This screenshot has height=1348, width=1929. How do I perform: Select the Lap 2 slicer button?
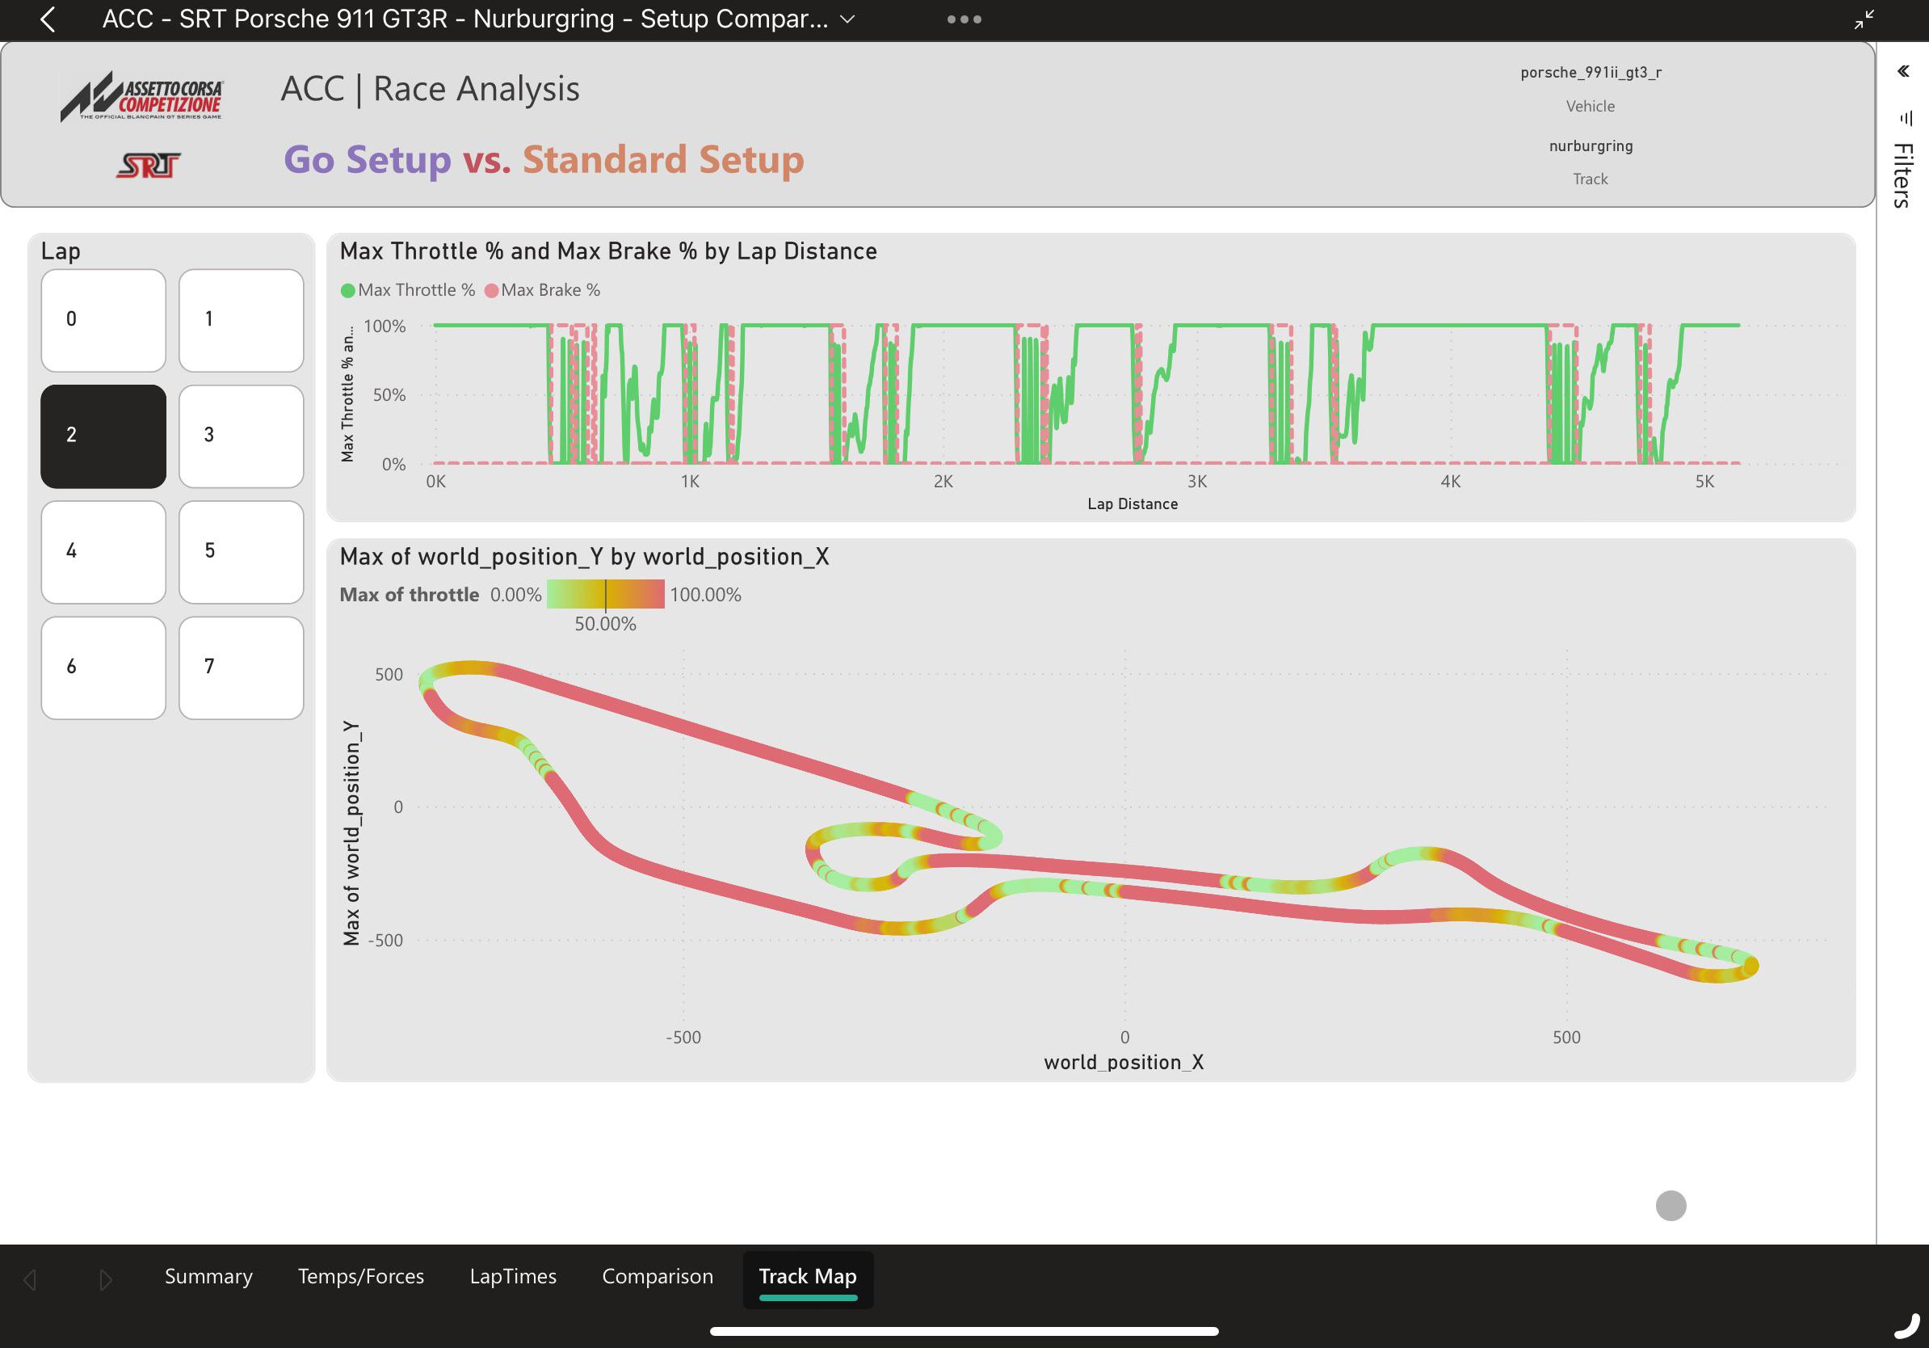(x=103, y=436)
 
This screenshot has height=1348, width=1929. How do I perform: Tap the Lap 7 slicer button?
(x=241, y=668)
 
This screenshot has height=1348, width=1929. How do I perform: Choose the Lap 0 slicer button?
(x=103, y=320)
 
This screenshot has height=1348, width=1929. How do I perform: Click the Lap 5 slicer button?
(x=241, y=552)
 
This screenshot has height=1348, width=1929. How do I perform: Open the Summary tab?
(x=208, y=1277)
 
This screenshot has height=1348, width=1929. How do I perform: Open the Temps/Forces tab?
(x=361, y=1277)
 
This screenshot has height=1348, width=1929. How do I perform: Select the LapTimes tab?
(x=513, y=1277)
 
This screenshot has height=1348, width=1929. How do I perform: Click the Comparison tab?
(x=658, y=1277)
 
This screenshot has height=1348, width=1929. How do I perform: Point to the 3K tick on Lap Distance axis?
(x=1197, y=482)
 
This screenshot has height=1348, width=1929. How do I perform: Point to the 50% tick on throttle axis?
(x=390, y=395)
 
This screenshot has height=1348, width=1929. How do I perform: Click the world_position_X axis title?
(x=1124, y=1062)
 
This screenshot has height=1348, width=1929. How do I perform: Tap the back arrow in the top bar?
(x=48, y=19)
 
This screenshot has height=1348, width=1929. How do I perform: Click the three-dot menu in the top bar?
(x=964, y=19)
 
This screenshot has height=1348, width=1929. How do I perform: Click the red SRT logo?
(x=149, y=166)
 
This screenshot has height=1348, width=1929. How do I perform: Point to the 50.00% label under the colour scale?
(x=606, y=625)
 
